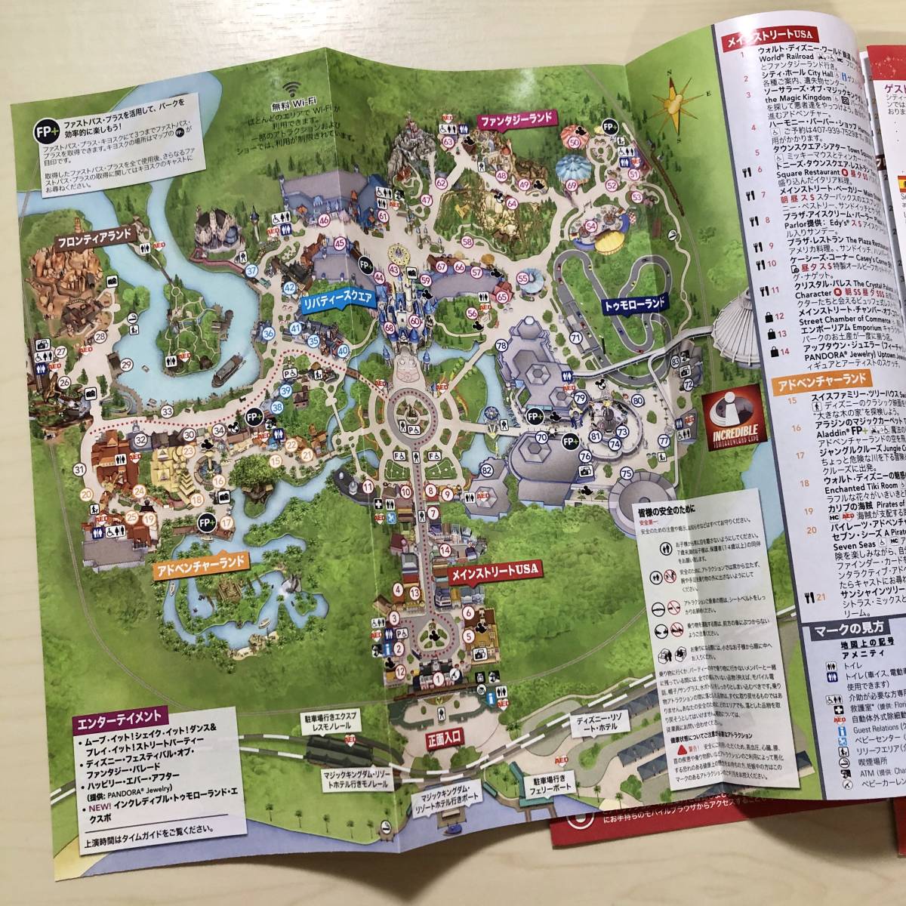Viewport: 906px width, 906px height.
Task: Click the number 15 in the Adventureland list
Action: (x=771, y=399)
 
